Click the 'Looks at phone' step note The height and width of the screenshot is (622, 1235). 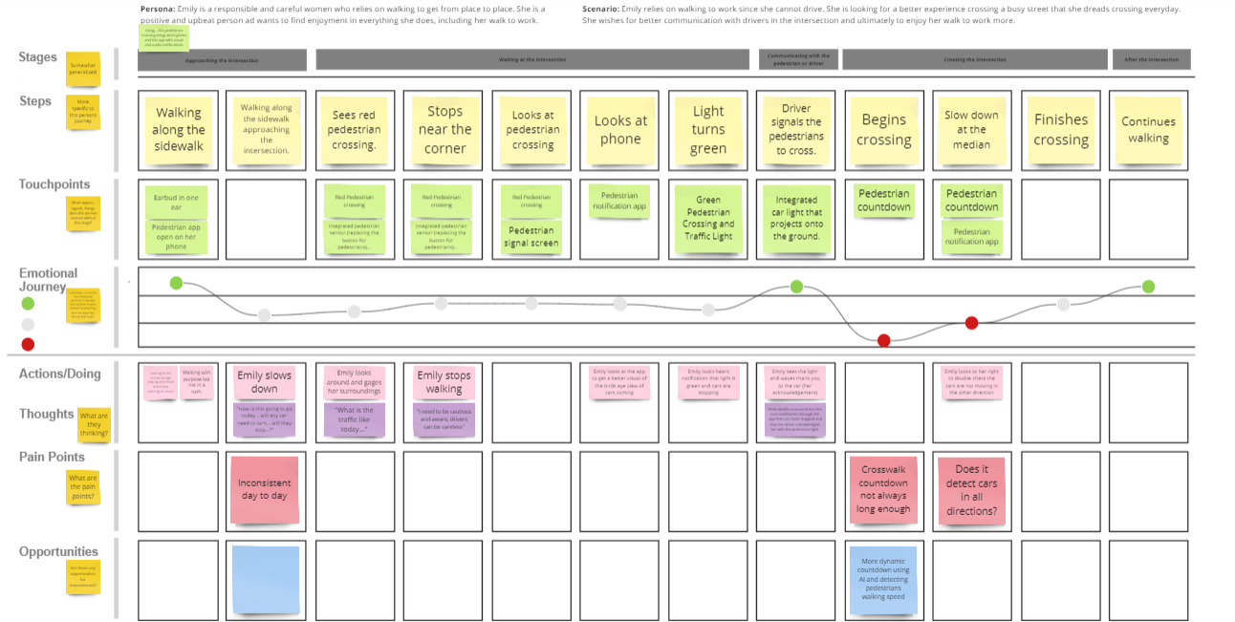pos(620,129)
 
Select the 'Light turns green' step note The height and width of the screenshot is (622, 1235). pos(708,129)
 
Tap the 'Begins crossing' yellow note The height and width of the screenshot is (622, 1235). pos(883,129)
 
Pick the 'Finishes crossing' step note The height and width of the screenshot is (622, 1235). pos(1060,129)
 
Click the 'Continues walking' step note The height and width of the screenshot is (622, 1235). pos(1148,129)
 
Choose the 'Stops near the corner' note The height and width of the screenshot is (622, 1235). pos(444,129)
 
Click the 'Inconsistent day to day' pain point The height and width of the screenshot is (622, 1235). pos(265,489)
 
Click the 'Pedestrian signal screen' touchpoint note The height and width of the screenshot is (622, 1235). pos(531,237)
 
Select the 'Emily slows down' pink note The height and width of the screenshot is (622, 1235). pos(265,382)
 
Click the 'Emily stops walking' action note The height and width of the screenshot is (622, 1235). pos(444,382)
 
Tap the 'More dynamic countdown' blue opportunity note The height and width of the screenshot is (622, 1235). pos(883,580)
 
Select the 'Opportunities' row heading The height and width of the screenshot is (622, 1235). pos(58,551)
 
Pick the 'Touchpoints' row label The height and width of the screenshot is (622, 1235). pos(54,184)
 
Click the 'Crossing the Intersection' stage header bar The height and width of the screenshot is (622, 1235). pos(973,60)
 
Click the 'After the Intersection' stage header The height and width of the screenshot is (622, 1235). pos(1152,60)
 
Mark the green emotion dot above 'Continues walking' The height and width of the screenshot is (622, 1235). pos(1148,287)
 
